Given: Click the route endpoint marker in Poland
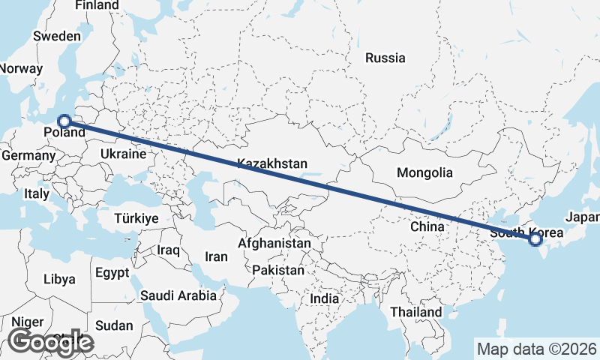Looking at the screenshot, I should click(x=64, y=121).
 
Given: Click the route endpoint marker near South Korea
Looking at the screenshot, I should click(x=535, y=240).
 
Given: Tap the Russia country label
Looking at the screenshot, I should click(x=385, y=58).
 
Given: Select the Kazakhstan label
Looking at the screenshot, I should click(x=272, y=163).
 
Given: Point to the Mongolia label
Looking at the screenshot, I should click(x=424, y=172).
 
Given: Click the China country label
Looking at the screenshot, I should click(x=427, y=226).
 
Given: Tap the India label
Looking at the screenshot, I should click(x=325, y=298).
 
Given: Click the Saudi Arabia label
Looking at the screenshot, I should click(x=178, y=295).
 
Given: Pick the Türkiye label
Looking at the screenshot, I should click(x=136, y=218).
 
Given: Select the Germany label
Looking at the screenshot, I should click(x=28, y=156).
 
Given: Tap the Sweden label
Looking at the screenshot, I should click(x=56, y=36).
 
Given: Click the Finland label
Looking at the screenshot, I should click(x=97, y=5).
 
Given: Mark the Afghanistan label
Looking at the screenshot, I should click(x=274, y=244).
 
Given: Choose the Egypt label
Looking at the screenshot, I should click(x=112, y=273).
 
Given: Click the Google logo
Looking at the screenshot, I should click(x=50, y=342).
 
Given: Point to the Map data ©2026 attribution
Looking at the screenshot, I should click(x=536, y=349).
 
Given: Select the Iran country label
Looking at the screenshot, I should click(x=216, y=256).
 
